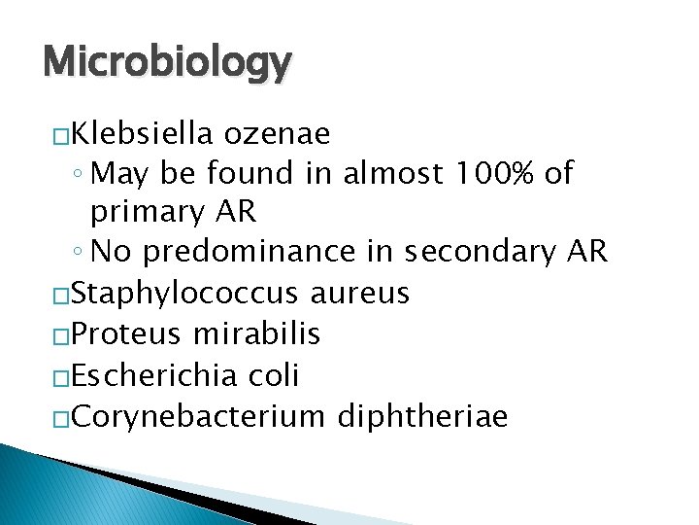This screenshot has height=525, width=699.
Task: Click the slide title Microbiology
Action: (x=167, y=62)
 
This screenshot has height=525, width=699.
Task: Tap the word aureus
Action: (x=360, y=293)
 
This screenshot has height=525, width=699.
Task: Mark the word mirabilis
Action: (x=257, y=333)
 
